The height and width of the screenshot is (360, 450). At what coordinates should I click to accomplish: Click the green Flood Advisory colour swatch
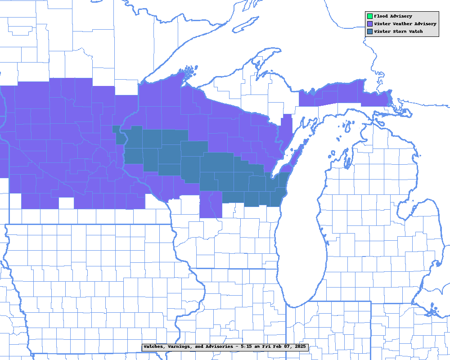tap(369, 17)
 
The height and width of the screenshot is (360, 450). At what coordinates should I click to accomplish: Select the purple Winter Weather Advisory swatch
tap(369, 24)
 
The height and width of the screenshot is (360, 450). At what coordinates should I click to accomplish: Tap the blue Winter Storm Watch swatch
tap(369, 31)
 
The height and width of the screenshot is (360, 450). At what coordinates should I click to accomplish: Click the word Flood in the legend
tap(381, 17)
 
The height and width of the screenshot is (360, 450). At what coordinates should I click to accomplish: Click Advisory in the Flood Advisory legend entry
tap(401, 17)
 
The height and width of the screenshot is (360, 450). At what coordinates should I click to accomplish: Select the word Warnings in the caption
tap(181, 347)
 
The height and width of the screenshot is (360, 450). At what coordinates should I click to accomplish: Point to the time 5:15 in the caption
tap(247, 347)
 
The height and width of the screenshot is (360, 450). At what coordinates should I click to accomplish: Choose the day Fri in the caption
tap(269, 347)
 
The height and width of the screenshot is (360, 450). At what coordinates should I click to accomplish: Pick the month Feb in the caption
tap(279, 347)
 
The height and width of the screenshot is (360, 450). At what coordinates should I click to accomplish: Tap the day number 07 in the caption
tap(289, 347)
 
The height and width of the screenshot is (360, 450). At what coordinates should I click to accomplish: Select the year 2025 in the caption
tap(300, 347)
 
